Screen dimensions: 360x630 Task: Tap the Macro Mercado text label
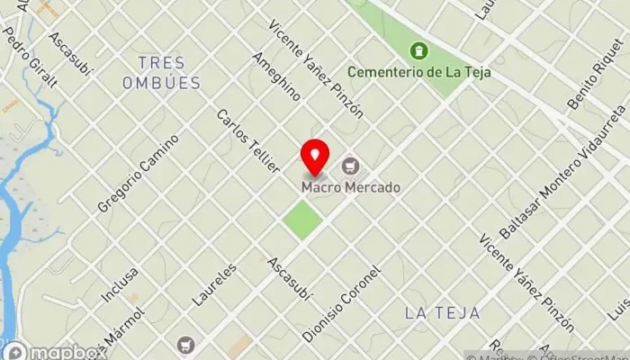(x=351, y=187)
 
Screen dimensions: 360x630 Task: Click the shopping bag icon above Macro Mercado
(x=350, y=166)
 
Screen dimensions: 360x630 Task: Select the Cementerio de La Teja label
(x=418, y=72)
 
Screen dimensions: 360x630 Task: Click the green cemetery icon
(x=418, y=50)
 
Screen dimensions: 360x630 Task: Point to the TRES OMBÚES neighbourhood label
(x=163, y=73)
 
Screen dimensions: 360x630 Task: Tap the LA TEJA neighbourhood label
(x=442, y=312)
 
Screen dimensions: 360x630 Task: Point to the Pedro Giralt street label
(x=30, y=57)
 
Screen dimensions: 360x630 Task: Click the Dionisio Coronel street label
(x=342, y=303)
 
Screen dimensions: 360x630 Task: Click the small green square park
(x=303, y=220)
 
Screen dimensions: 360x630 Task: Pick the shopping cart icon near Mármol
(x=185, y=344)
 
